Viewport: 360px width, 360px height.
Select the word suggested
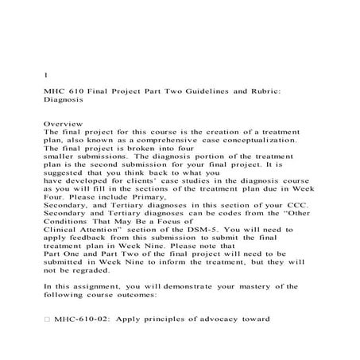(x=66, y=178)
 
